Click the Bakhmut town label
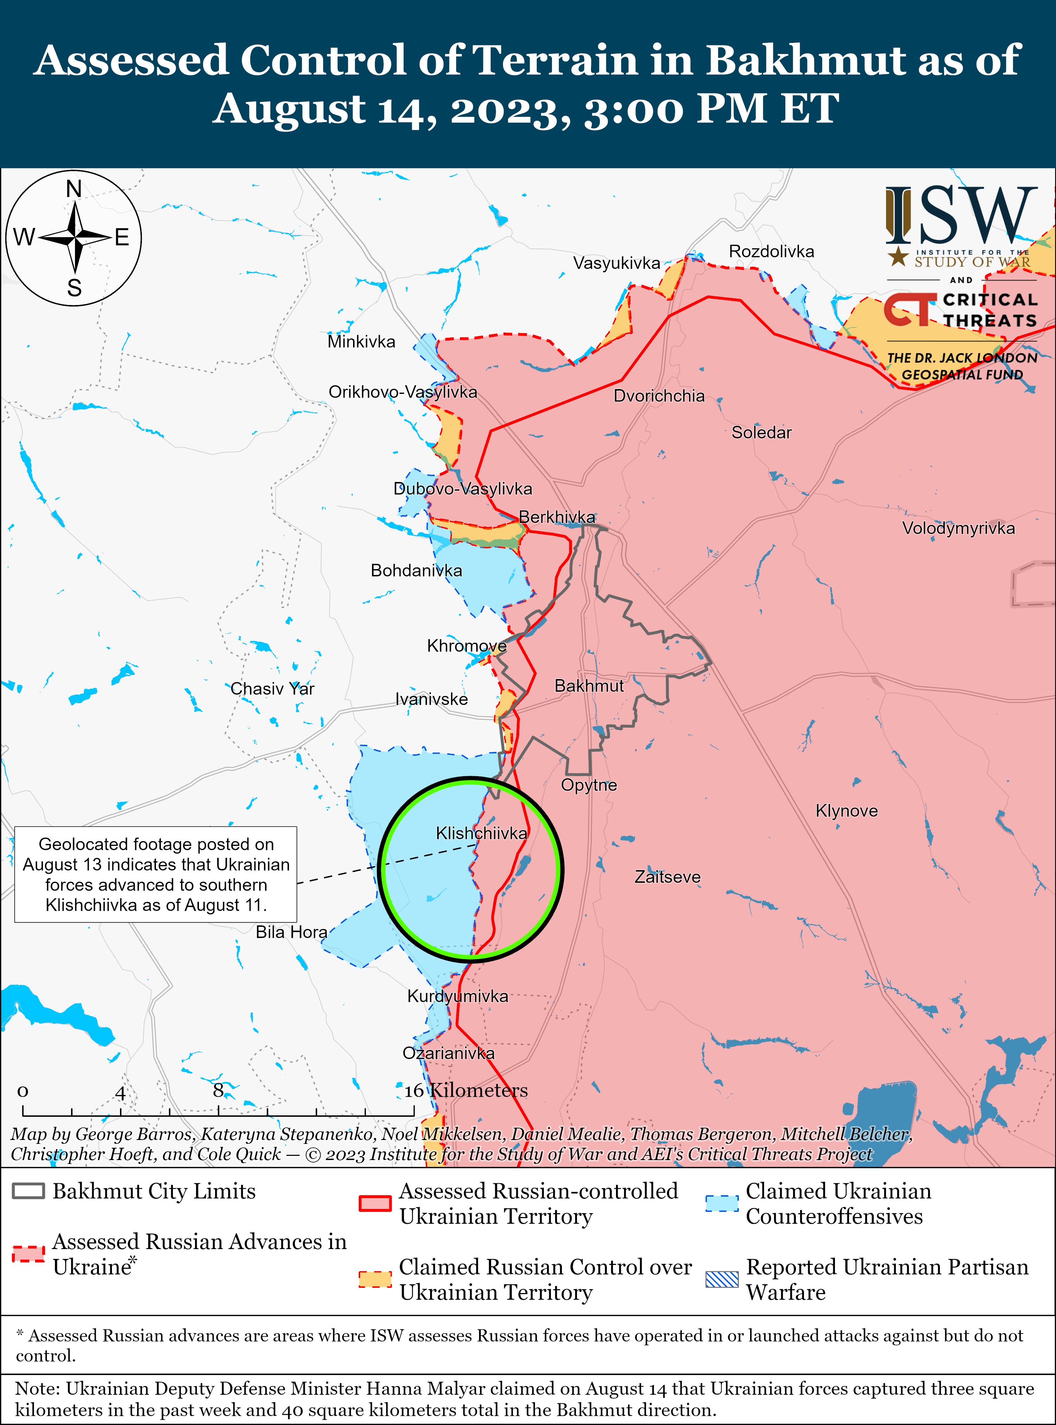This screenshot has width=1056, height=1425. pyautogui.click(x=589, y=686)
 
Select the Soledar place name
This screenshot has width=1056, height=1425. pyautogui.click(x=761, y=433)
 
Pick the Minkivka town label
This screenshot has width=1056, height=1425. pyautogui.click(x=361, y=342)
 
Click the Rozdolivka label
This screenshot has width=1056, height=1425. pyautogui.click(x=772, y=252)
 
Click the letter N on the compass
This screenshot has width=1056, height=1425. pyautogui.click(x=74, y=189)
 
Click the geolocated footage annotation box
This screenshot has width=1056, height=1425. pyautogui.click(x=156, y=874)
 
